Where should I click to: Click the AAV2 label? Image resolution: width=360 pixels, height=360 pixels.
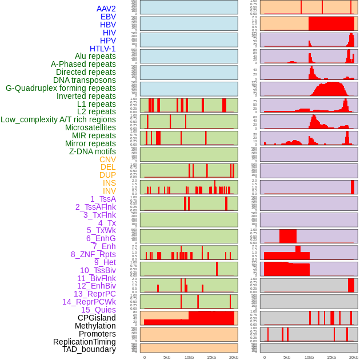coord(106,9)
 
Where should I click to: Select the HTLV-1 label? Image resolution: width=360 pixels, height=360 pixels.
coord(102,49)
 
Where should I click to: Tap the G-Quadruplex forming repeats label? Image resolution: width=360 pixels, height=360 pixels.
coord(61,88)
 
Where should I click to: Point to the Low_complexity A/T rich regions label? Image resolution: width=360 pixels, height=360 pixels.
coord(58,119)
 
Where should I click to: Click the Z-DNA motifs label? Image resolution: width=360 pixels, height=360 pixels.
coord(92,151)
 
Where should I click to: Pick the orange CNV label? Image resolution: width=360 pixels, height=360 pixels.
coord(107,159)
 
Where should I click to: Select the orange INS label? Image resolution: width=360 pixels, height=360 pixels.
coord(109,183)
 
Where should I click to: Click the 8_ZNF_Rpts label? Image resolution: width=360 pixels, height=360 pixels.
coord(93,254)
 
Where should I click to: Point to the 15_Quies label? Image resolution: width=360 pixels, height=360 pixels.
coord(98,310)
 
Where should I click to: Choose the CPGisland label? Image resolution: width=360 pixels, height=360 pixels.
coord(97,318)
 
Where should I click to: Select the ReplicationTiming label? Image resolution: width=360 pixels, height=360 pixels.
coord(85,342)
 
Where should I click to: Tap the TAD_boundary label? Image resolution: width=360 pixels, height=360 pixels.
coord(89,349)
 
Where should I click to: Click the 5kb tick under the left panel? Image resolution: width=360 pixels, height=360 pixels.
coord(167,357)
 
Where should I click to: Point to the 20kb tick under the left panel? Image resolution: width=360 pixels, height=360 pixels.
coord(233,357)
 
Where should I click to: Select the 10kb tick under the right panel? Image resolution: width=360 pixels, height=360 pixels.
coord(309,357)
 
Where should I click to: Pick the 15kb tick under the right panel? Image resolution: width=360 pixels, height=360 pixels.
coord(331,357)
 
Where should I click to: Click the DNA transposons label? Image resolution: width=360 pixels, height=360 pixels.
coord(85,80)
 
